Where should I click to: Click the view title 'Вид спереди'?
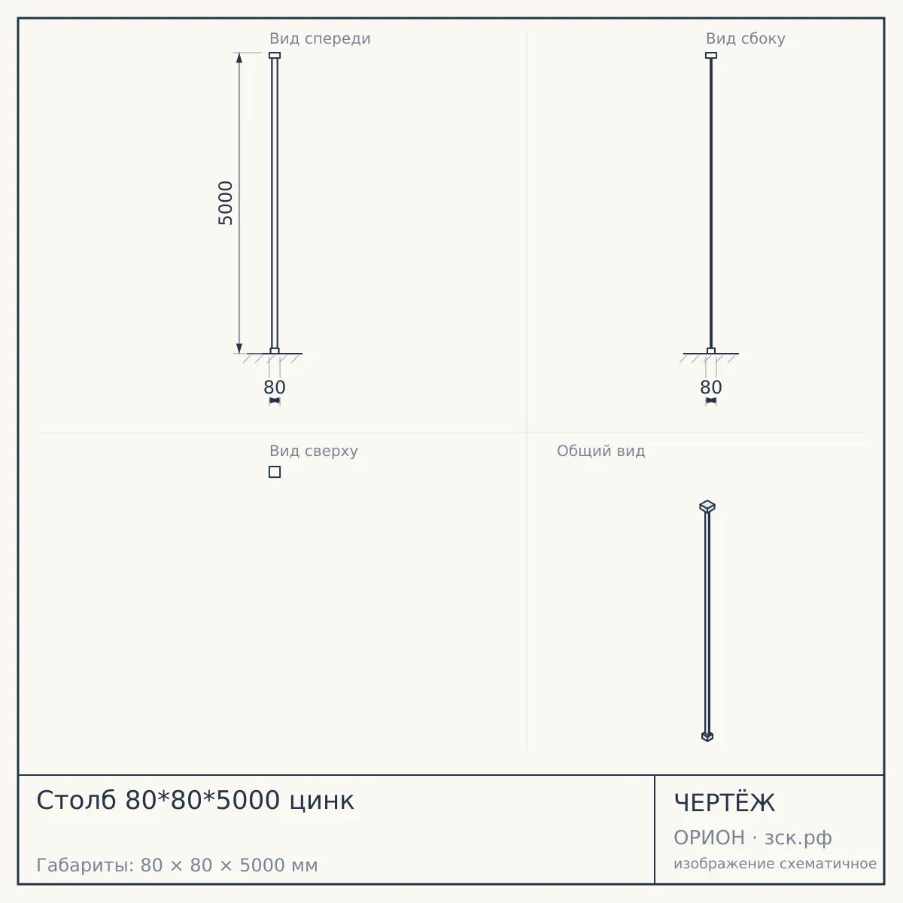(x=320, y=38)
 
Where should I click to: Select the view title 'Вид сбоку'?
(x=745, y=38)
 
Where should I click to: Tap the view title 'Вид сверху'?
(x=314, y=451)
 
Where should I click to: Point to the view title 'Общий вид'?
(x=600, y=451)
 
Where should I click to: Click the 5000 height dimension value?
(x=226, y=203)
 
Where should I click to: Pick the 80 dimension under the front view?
(x=274, y=388)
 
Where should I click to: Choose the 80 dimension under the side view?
(x=711, y=388)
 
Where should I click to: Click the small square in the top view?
(x=275, y=472)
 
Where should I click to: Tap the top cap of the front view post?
(x=275, y=55)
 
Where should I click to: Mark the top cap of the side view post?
(x=711, y=55)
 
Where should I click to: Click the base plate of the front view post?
(x=275, y=351)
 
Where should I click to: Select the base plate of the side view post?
(x=711, y=351)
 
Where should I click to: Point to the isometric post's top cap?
(x=707, y=506)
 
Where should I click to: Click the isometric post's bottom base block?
(x=707, y=736)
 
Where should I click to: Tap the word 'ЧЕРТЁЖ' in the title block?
(x=724, y=803)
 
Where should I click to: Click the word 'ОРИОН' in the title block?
(x=709, y=838)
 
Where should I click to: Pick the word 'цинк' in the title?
(x=321, y=801)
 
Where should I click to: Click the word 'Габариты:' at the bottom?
(x=86, y=865)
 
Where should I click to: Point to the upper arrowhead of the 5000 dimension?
(x=239, y=58)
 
